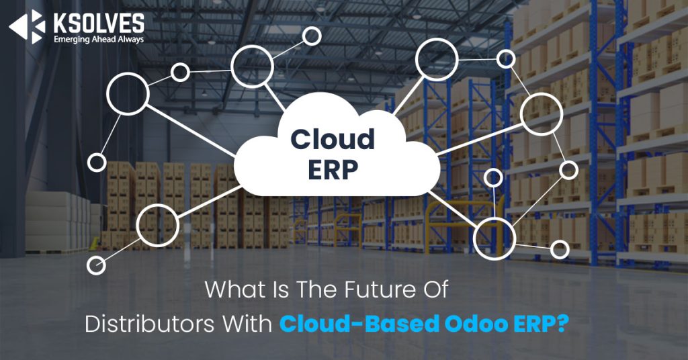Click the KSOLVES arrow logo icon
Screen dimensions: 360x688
click(26, 27)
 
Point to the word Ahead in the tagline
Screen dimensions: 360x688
click(108, 39)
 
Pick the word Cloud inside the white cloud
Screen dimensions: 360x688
click(333, 140)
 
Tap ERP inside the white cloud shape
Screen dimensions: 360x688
click(332, 170)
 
